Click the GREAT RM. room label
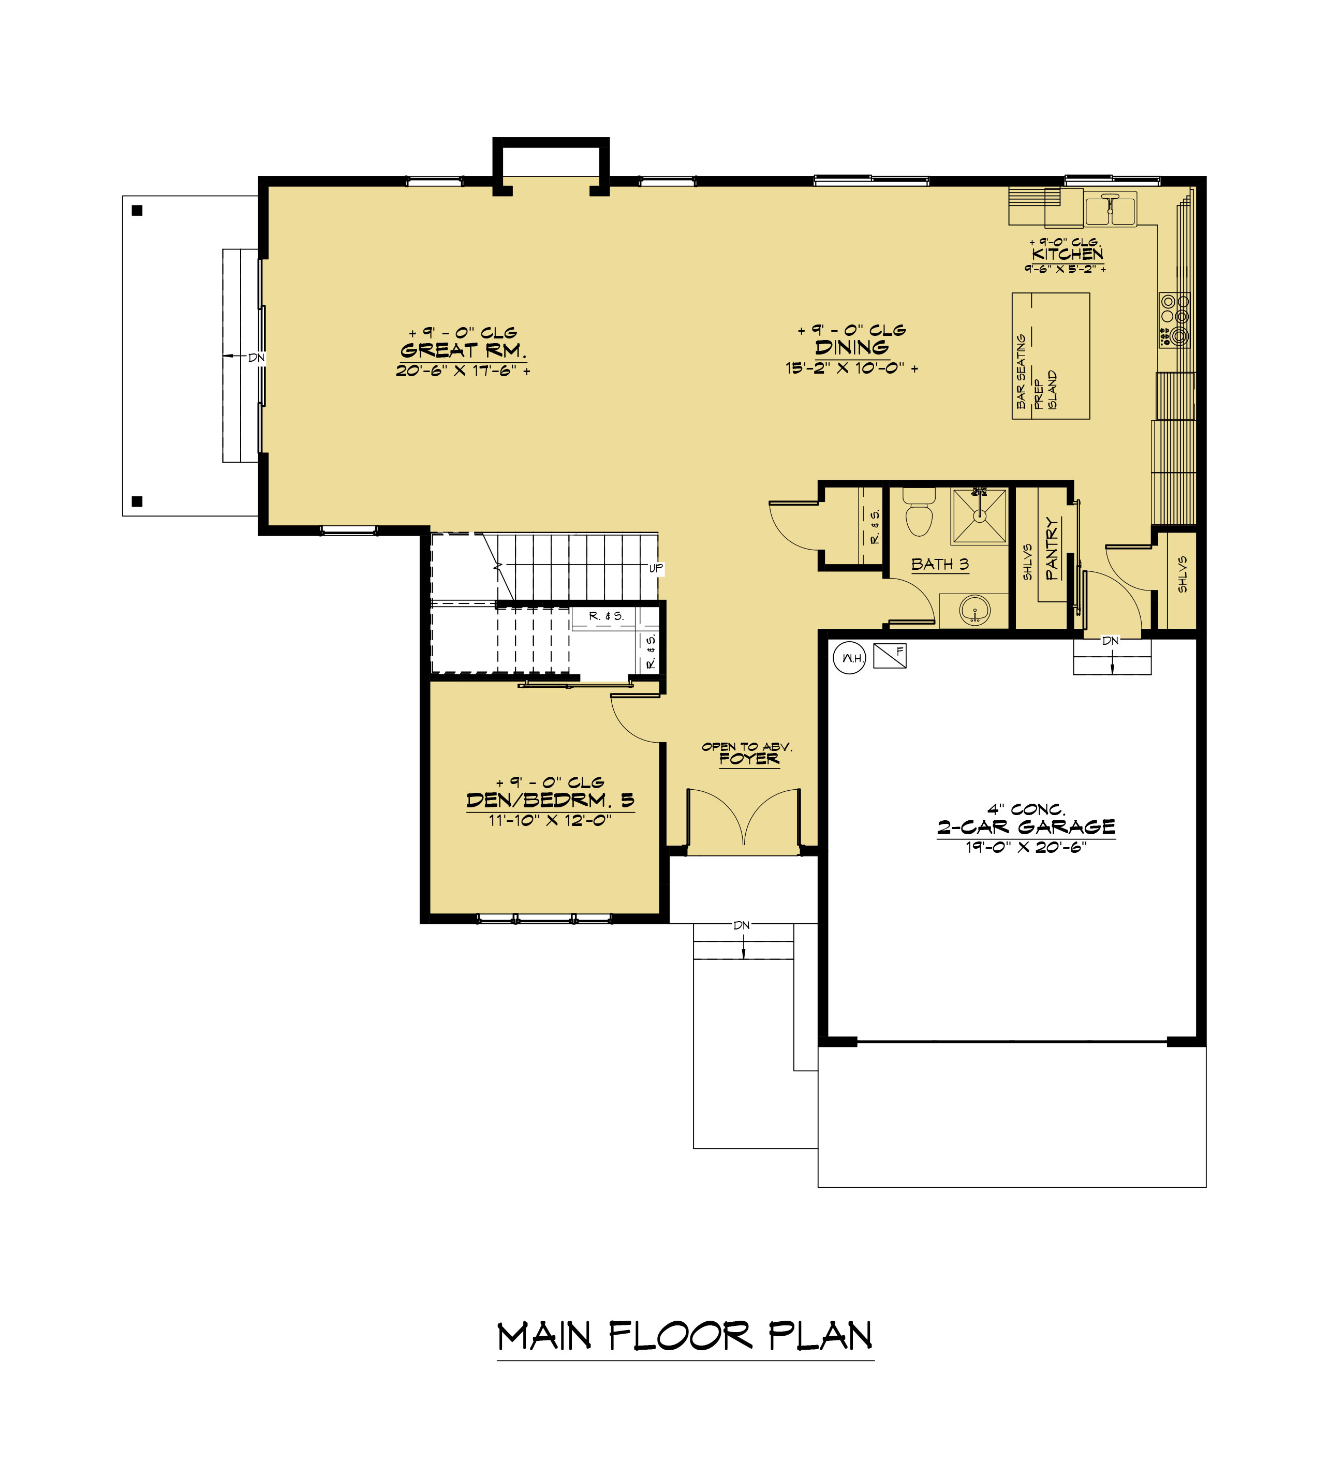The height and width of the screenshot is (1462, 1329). click(463, 350)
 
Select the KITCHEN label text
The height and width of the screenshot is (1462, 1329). click(1067, 254)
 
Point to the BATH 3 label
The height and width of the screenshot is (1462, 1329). click(940, 564)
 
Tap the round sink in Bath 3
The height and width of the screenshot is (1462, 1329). click(974, 610)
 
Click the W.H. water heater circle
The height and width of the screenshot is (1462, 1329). click(849, 658)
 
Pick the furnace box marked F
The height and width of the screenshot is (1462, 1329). click(890, 656)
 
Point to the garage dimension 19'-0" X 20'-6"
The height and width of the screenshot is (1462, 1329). click(1026, 847)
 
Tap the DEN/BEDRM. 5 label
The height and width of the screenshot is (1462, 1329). click(550, 801)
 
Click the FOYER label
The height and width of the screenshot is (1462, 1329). click(749, 759)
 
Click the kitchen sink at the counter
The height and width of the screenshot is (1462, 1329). click(1110, 209)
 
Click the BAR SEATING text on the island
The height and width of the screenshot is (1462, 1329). click(1021, 371)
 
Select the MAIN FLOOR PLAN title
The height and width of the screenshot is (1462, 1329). click(685, 1337)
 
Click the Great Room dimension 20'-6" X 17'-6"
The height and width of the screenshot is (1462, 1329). click(463, 371)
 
